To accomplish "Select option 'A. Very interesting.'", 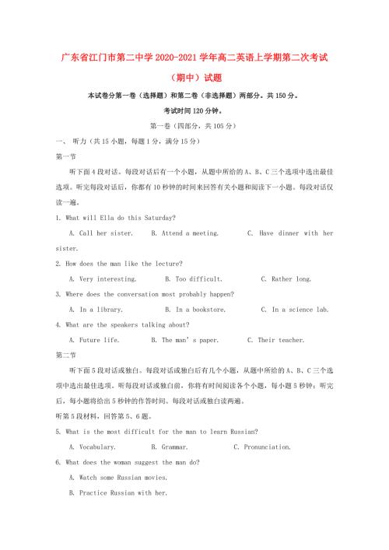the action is pyautogui.click(x=103, y=279).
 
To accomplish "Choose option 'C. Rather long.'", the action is pyautogui.click(x=286, y=279).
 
